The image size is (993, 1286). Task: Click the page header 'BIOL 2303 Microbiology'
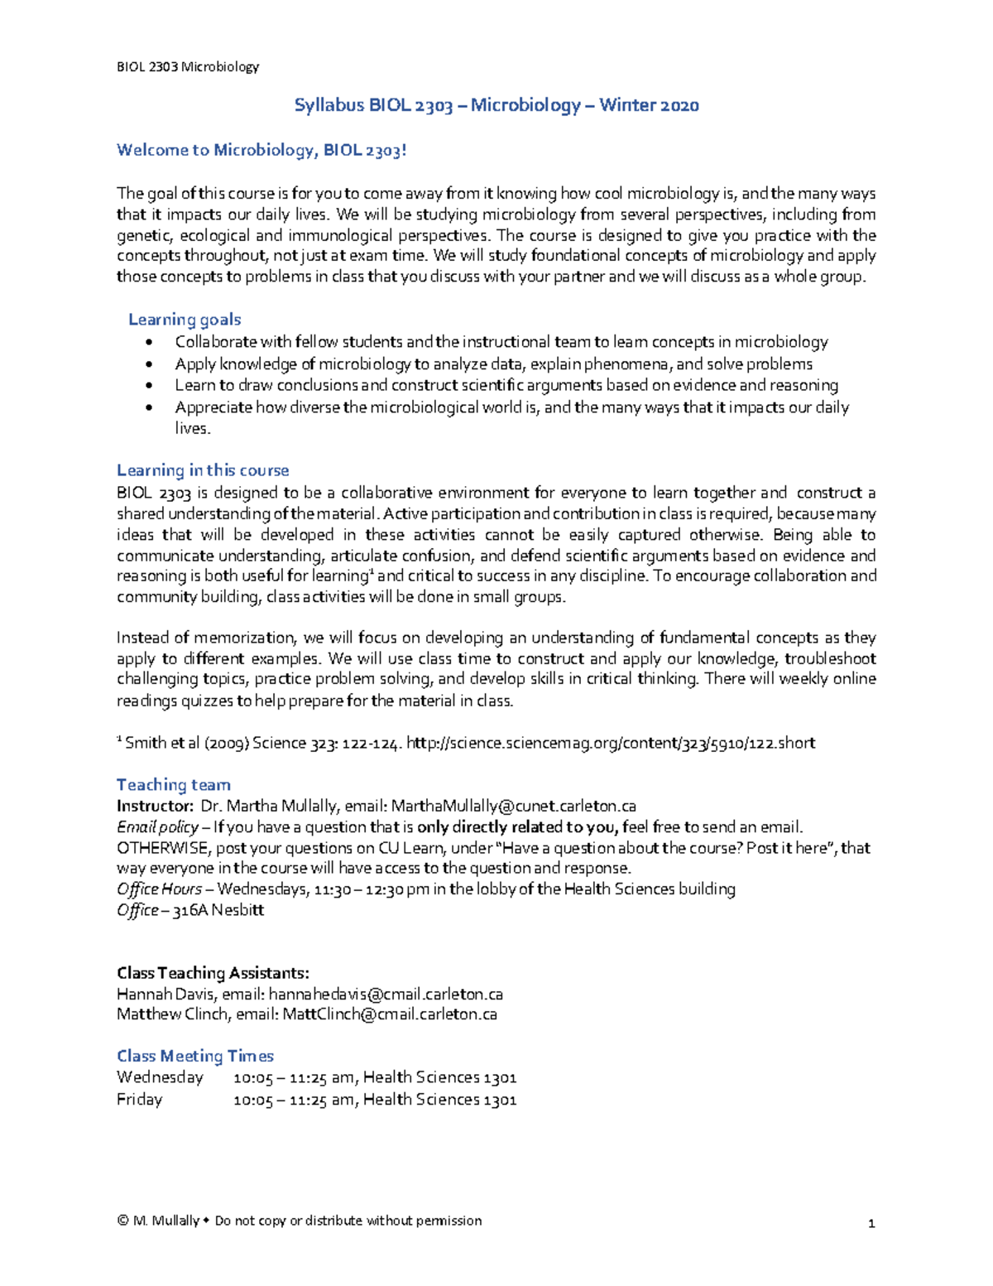pos(188,67)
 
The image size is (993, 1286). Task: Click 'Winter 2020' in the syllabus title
pos(649,105)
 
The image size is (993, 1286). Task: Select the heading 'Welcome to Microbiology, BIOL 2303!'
pos(261,150)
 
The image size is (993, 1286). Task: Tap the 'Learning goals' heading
pos(185,320)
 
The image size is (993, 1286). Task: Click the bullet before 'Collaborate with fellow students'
pos(148,343)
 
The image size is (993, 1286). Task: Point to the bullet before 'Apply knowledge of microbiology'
pos(148,364)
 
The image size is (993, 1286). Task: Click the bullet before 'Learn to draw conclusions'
pos(148,386)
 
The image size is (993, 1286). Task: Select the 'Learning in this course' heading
pos(203,470)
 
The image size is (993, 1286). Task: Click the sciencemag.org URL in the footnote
pos(612,743)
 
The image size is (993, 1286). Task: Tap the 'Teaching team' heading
pos(174,785)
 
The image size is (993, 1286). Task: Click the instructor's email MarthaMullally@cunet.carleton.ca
pos(513,807)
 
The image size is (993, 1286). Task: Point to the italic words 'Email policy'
pos(157,827)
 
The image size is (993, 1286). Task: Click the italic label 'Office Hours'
pos(159,889)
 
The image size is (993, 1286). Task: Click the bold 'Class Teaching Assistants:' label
pos(213,973)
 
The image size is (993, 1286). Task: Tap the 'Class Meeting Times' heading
pos(195,1057)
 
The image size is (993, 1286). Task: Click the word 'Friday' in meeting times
pos(140,1100)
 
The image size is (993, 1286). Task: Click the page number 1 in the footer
pos(871,1223)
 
